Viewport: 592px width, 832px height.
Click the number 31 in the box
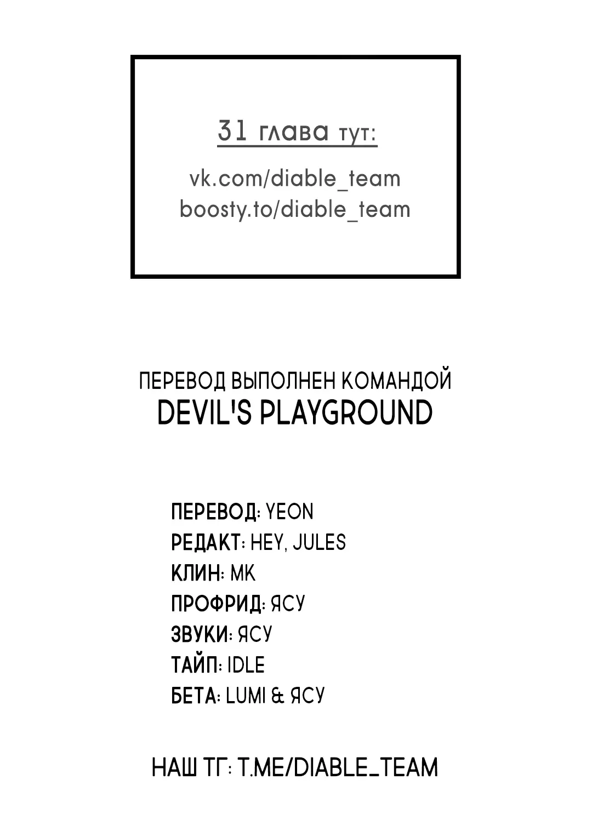232,130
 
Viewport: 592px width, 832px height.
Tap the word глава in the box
294,131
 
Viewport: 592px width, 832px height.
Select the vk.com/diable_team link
295,179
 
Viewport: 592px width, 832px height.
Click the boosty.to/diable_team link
295,209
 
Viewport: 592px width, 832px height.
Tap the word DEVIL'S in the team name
205,412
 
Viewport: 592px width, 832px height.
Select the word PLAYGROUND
346,412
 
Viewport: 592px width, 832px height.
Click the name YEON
289,512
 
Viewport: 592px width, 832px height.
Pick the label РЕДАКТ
206,542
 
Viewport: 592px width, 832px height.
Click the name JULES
319,542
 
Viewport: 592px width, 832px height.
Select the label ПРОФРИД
217,604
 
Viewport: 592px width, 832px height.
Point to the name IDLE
246,665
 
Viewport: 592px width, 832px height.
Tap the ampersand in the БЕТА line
277,696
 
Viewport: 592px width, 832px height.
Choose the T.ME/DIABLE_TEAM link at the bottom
338,768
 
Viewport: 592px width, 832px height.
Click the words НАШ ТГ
189,768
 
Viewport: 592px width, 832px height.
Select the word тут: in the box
358,134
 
